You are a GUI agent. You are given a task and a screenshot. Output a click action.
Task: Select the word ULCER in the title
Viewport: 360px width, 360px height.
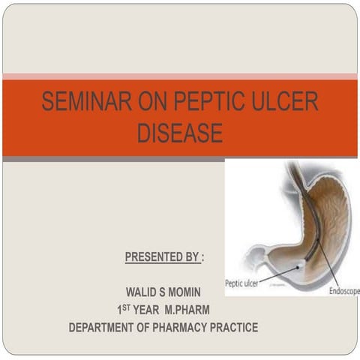pos(282,103)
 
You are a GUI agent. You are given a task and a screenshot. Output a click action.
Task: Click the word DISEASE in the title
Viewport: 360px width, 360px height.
pos(180,133)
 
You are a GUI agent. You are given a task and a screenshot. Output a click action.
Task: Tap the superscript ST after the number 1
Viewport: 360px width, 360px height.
pos(128,306)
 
